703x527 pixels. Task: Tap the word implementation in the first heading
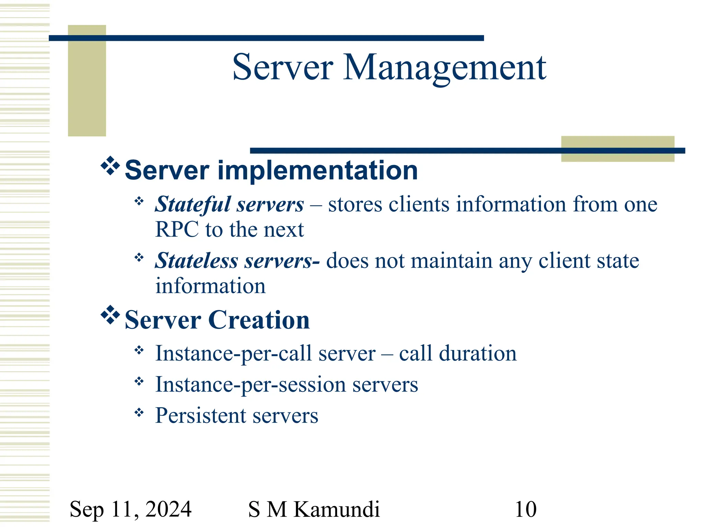pos(318,171)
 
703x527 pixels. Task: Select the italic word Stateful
pos(193,204)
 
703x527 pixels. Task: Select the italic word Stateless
pos(196,261)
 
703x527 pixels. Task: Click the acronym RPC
pos(177,230)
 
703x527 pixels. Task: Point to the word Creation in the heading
pos(259,320)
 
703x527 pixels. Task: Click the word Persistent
pos(200,416)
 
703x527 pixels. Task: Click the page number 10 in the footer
pos(525,509)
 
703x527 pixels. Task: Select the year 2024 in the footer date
pos(168,509)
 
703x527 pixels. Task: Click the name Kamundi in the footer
pos(337,509)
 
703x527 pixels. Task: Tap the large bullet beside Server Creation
pos(110,315)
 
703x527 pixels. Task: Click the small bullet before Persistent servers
pos(139,412)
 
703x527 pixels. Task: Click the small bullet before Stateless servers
pos(139,257)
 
